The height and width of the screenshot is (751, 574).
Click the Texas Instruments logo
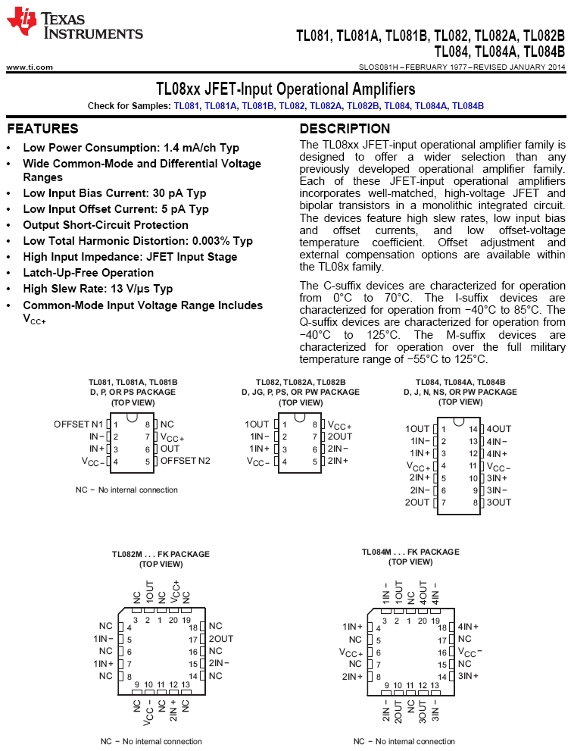(x=73, y=24)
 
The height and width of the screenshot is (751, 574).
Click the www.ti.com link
(x=30, y=67)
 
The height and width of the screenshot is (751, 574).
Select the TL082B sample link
(x=363, y=106)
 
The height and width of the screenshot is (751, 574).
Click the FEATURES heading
(x=42, y=129)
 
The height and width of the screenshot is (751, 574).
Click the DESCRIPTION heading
(x=345, y=129)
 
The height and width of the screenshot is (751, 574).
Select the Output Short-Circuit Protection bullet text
(x=105, y=225)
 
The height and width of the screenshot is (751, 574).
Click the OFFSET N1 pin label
(x=78, y=424)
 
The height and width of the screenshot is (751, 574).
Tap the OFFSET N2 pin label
(x=186, y=460)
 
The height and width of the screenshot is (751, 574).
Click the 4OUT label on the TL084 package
(x=499, y=429)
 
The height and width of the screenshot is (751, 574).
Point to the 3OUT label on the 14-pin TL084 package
(x=499, y=502)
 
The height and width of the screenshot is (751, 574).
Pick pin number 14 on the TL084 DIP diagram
(x=474, y=429)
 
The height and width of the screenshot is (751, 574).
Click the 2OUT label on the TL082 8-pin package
(x=340, y=437)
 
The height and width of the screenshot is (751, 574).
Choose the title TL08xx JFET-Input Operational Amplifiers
(x=285, y=89)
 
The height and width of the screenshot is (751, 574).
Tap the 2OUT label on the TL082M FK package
(x=221, y=639)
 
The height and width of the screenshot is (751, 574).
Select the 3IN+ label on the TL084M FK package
(x=468, y=675)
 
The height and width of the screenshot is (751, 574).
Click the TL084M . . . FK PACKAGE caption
(x=410, y=552)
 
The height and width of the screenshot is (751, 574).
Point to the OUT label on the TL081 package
(x=170, y=449)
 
